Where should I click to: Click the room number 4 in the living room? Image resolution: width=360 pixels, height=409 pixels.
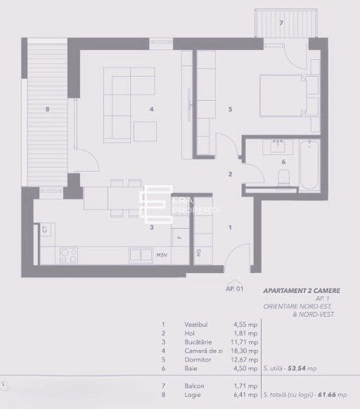[151, 108]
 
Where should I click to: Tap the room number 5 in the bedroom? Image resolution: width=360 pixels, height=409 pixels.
[230, 108]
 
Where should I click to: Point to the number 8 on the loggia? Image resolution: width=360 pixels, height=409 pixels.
[48, 108]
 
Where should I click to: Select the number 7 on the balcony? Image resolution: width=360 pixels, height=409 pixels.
[281, 23]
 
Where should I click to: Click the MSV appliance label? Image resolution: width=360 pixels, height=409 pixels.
[162, 254]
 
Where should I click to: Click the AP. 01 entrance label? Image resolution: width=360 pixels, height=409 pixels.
[234, 288]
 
